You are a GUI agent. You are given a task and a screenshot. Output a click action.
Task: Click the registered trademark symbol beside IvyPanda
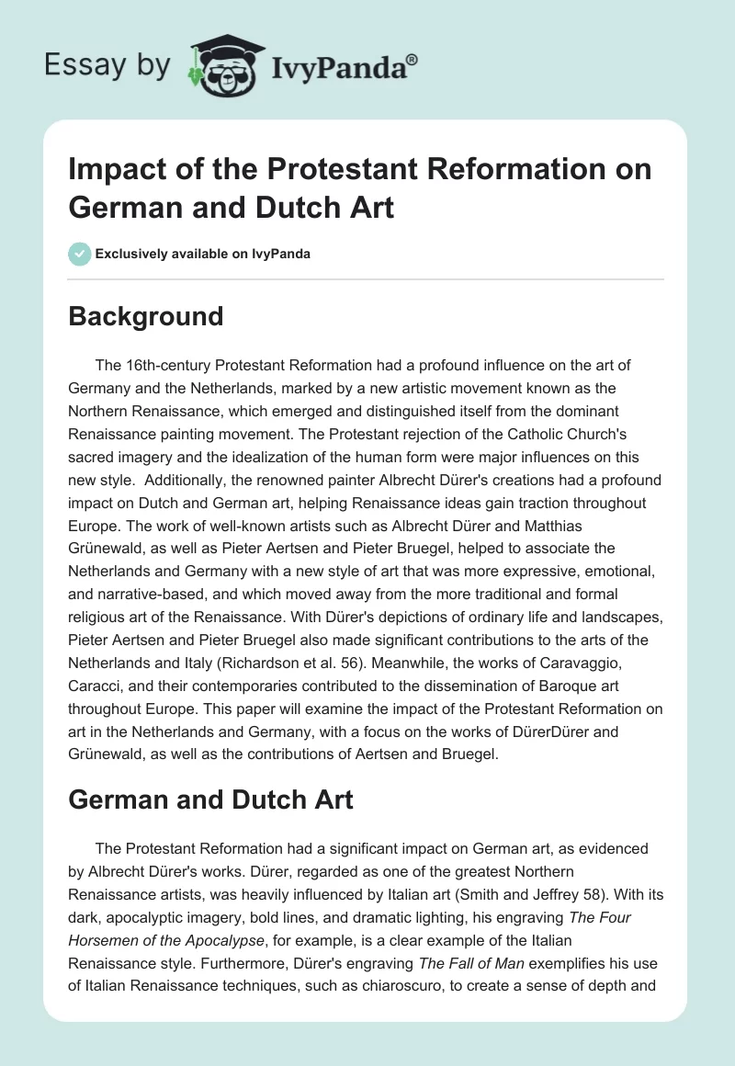pyautogui.click(x=413, y=60)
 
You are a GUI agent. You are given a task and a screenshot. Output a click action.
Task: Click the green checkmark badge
pyautogui.click(x=80, y=254)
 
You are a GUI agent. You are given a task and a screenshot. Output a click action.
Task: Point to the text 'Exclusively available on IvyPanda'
pyautogui.click(x=202, y=255)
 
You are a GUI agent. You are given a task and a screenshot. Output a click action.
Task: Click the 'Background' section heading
pyautogui.click(x=145, y=316)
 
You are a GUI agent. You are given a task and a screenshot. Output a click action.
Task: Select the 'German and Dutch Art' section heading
pyautogui.click(x=211, y=799)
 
